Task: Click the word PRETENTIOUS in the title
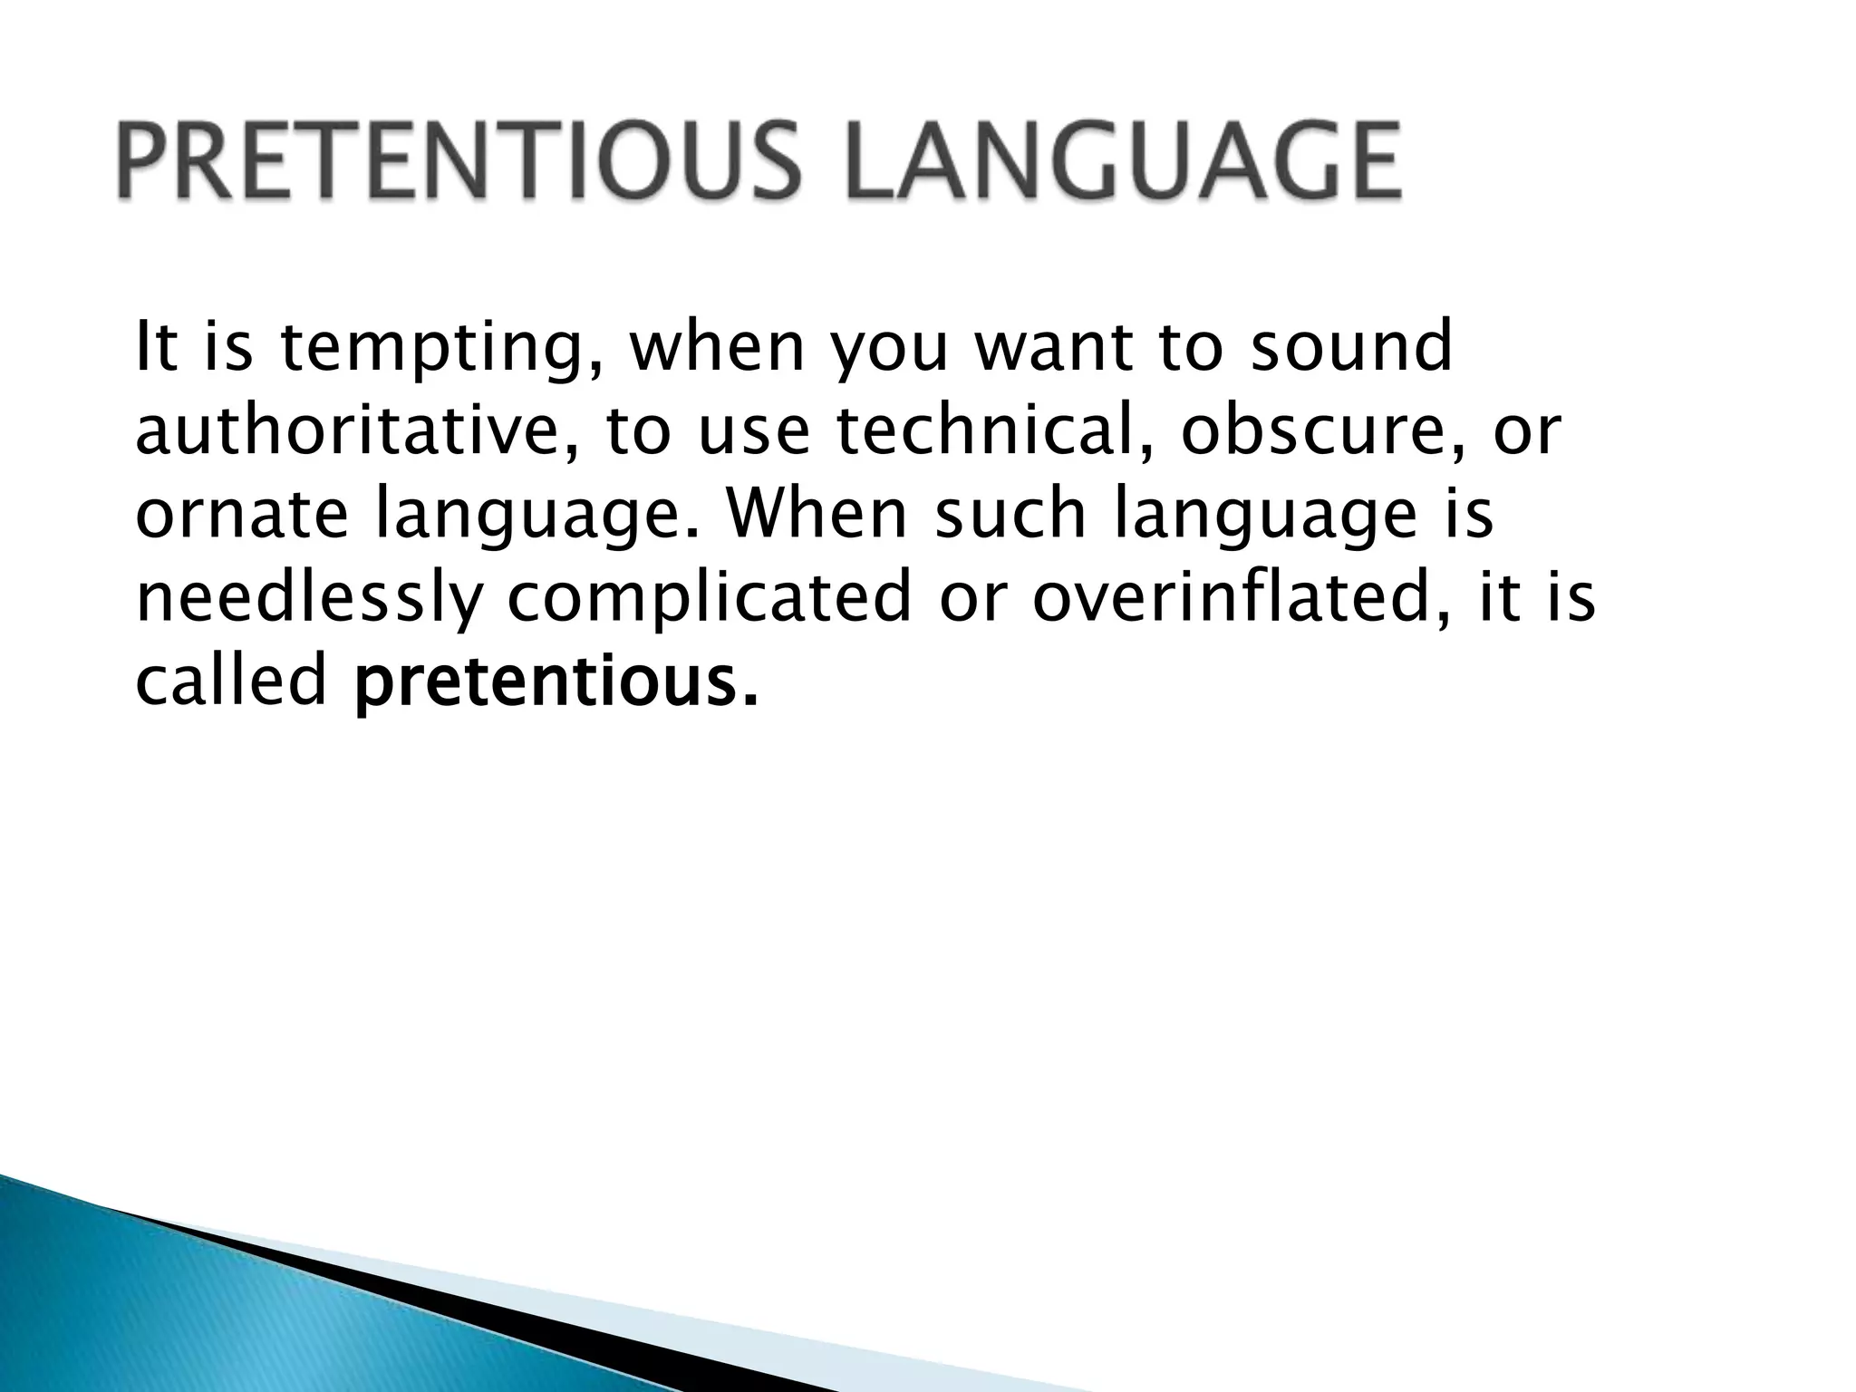click(459, 162)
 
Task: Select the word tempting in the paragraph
click(440, 350)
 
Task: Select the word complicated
click(708, 599)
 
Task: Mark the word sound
click(1351, 348)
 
